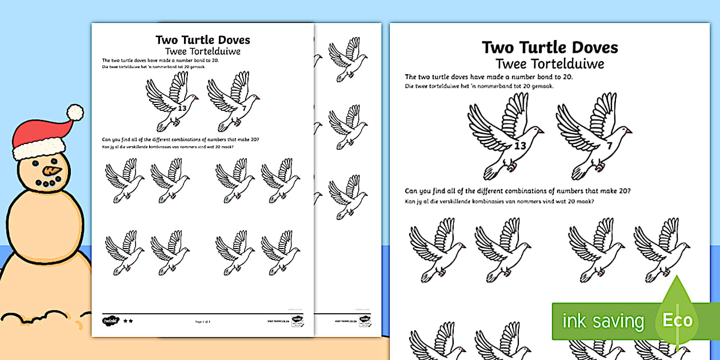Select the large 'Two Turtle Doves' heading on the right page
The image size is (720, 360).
coord(549,47)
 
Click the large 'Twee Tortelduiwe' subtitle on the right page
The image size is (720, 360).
coord(549,63)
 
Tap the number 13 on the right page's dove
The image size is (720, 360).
coord(519,146)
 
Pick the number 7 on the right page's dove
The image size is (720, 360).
coord(609,146)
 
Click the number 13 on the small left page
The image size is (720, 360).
coord(182,107)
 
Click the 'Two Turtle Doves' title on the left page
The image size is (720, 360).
coord(202,40)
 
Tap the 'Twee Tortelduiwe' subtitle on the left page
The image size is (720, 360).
coord(202,51)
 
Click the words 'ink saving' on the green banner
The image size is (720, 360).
coord(603,321)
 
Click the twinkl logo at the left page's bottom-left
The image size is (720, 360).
coord(110,321)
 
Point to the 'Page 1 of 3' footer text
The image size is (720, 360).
coord(203,322)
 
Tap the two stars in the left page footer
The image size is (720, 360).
coord(128,321)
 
